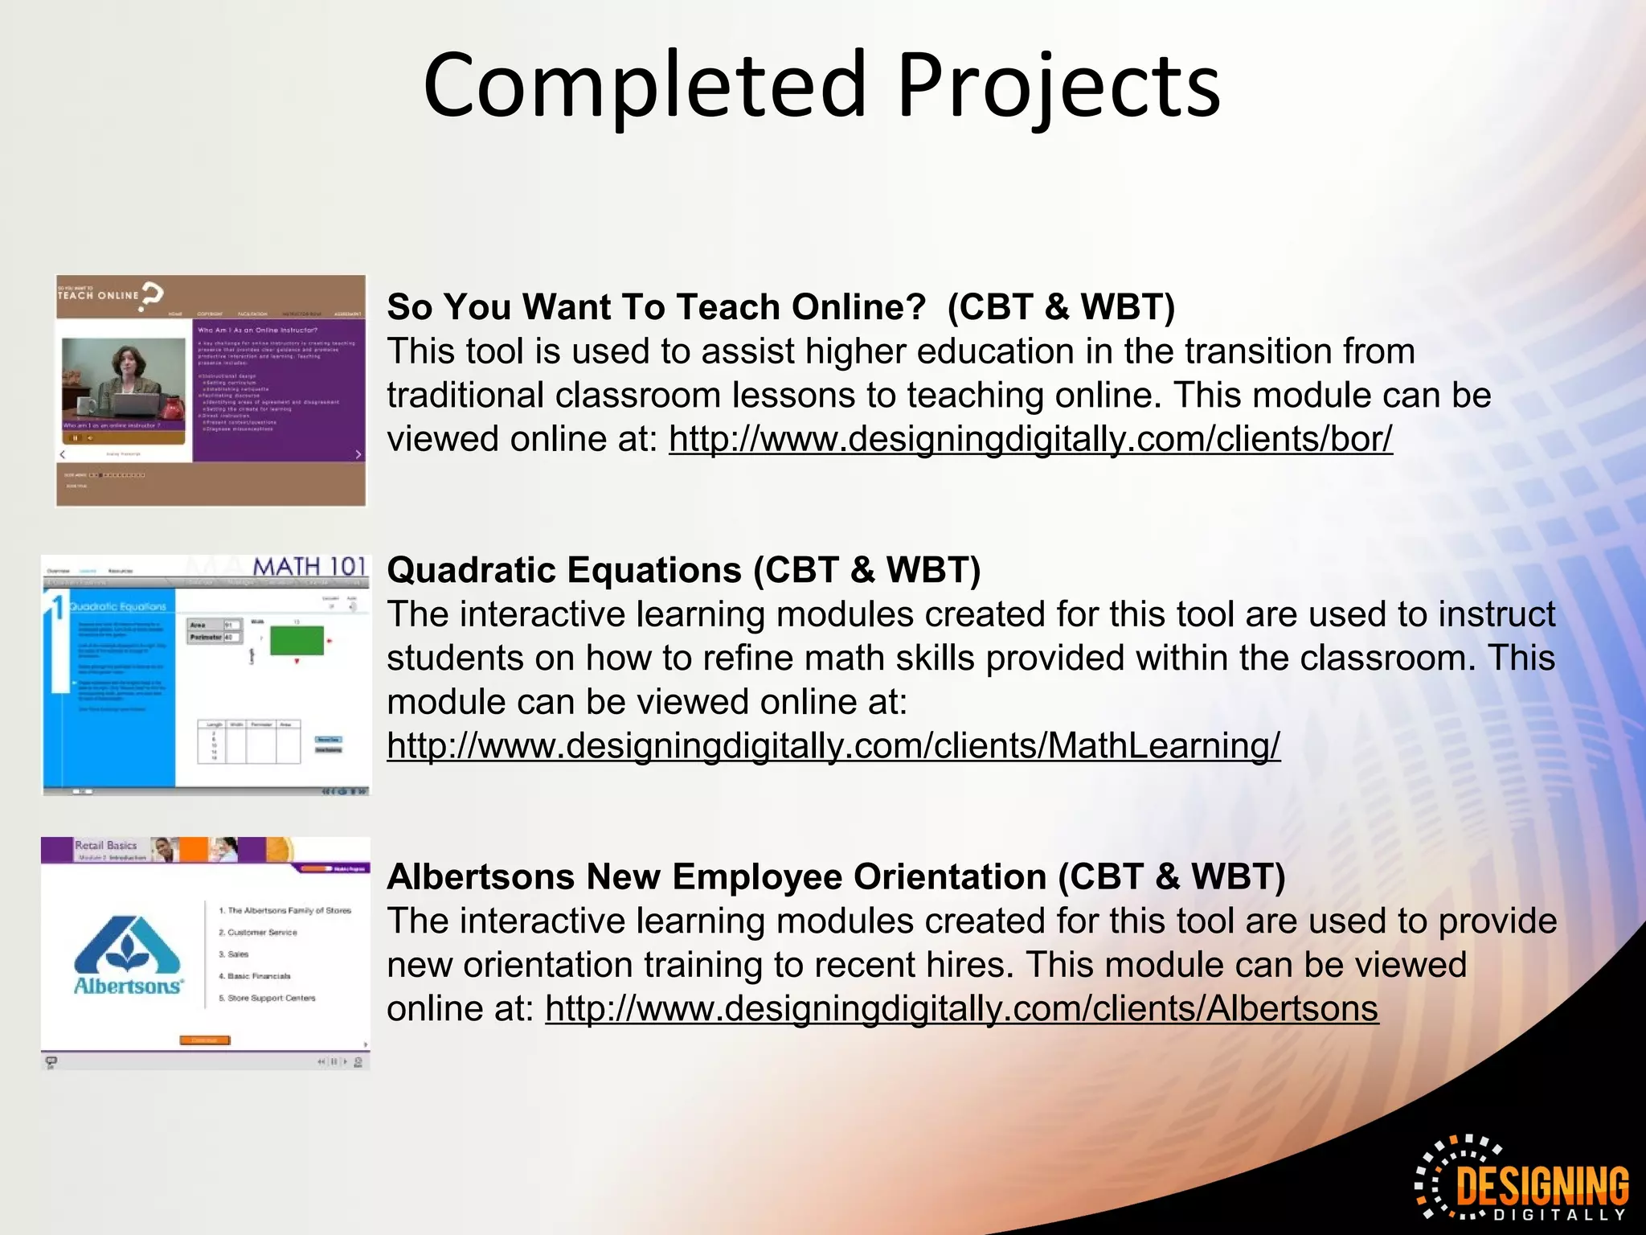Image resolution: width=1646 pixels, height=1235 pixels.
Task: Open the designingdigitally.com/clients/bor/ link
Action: tap(1030, 440)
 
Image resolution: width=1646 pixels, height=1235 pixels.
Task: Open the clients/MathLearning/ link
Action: tap(833, 746)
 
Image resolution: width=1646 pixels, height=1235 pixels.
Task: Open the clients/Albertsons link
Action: tap(961, 1009)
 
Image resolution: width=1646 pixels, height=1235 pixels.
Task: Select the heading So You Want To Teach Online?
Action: tap(657, 307)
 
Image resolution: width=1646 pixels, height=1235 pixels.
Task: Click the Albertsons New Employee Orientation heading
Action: tap(718, 876)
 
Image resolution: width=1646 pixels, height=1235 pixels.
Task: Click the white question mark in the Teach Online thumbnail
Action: tap(152, 296)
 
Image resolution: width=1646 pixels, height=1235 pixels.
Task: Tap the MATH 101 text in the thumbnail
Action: tap(309, 567)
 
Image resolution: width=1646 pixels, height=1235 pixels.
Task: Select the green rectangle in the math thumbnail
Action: tap(297, 641)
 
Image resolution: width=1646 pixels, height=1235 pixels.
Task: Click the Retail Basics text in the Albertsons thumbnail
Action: tap(105, 845)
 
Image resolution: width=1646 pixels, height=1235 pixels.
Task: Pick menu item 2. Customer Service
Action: tap(258, 933)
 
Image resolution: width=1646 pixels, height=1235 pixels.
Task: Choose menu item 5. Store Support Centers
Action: tap(267, 998)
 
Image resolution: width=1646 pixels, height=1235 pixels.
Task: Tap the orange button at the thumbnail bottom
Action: tap(204, 1040)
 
